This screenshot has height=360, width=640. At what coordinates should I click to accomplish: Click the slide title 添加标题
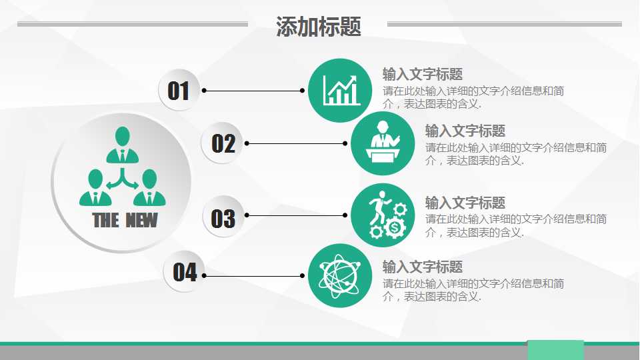(319, 27)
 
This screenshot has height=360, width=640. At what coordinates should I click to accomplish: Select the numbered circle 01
(179, 90)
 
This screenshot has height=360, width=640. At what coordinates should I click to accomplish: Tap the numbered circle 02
(223, 143)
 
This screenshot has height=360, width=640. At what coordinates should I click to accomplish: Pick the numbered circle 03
(223, 218)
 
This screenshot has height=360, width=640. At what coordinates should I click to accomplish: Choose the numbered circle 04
(185, 272)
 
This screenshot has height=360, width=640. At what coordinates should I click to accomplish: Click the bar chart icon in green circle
(340, 90)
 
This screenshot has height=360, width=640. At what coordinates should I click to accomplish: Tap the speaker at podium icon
(383, 143)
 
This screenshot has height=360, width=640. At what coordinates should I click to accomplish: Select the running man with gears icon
(383, 215)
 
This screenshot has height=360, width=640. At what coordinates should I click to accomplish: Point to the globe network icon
(340, 275)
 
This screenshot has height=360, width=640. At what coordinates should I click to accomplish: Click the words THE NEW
(125, 220)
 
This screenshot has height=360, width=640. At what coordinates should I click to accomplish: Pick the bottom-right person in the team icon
(149, 188)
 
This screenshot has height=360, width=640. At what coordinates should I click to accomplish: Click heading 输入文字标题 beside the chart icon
(423, 74)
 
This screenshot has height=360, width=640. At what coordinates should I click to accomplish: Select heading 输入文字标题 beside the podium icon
(465, 131)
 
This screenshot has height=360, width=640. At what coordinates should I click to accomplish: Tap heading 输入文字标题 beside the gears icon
(465, 203)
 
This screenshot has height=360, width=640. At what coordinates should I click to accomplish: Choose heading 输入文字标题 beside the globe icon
(423, 267)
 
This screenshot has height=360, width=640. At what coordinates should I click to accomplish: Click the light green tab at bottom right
(555, 350)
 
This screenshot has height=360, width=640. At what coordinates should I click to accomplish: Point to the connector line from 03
(296, 215)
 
